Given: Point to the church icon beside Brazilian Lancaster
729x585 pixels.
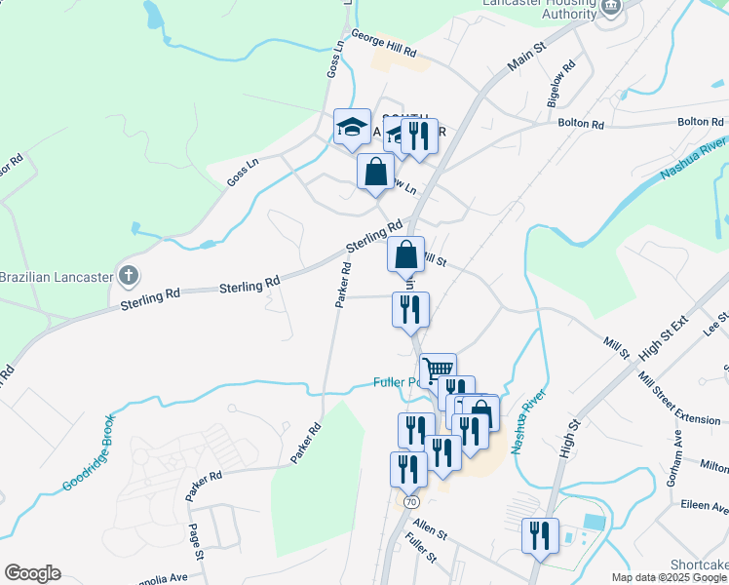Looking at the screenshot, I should (x=129, y=276).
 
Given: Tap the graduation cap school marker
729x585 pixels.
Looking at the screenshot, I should (x=352, y=127).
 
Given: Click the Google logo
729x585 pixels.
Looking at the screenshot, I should (x=32, y=572).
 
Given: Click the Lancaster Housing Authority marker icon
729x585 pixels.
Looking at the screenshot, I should (x=611, y=7).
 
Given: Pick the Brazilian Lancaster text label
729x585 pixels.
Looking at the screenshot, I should (x=56, y=277).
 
